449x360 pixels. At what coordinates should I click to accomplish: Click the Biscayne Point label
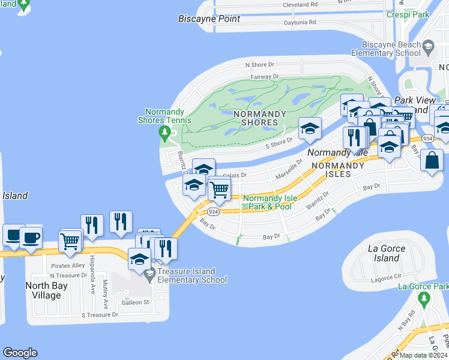point(209,19)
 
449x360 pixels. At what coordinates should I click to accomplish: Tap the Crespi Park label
point(408,14)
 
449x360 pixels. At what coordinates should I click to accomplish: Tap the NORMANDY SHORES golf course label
point(256,118)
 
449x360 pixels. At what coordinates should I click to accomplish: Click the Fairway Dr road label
point(264,77)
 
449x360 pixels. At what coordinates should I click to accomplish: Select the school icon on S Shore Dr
point(310,128)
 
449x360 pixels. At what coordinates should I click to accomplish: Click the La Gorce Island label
point(385,253)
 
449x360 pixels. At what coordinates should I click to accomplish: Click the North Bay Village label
point(46,290)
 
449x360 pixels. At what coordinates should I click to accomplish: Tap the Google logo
point(20,353)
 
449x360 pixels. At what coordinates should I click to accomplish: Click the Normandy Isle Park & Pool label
point(267,202)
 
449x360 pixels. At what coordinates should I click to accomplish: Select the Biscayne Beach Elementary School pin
point(428,46)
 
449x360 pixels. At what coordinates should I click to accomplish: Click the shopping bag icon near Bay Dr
point(432,160)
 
